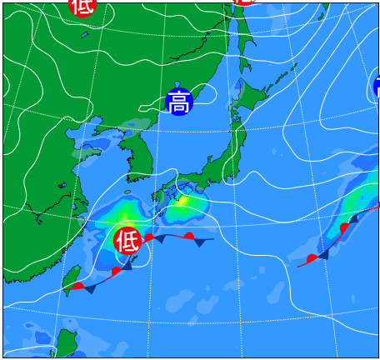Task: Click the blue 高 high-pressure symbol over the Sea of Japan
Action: pos(179,102)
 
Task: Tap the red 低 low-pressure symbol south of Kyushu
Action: pos(127,241)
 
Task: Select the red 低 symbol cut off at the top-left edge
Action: pos(82,6)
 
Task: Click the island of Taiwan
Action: pos(72,279)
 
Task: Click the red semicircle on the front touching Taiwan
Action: pos(77,286)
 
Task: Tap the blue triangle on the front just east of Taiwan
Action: pos(90,288)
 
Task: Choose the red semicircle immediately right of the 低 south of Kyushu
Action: pos(148,237)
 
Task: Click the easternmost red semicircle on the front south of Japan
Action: pos(189,237)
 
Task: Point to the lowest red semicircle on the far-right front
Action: pos(312,258)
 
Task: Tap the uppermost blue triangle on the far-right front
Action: pos(354,218)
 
